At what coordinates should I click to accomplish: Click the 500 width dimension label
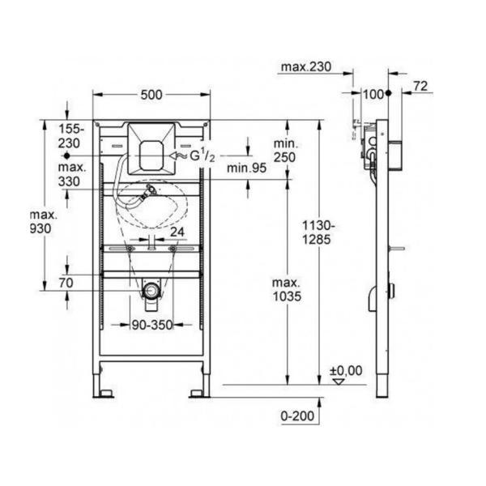point(151,95)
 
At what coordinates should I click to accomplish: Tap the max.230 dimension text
point(306,66)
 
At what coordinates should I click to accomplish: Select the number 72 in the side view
point(420,86)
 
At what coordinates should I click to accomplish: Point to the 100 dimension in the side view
point(373,94)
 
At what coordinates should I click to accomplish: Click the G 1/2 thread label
point(202,156)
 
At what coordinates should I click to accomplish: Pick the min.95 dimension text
point(247,168)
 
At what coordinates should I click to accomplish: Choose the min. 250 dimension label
point(285,151)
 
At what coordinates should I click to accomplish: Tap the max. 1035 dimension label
point(287,290)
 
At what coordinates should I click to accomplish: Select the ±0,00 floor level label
point(346,371)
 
